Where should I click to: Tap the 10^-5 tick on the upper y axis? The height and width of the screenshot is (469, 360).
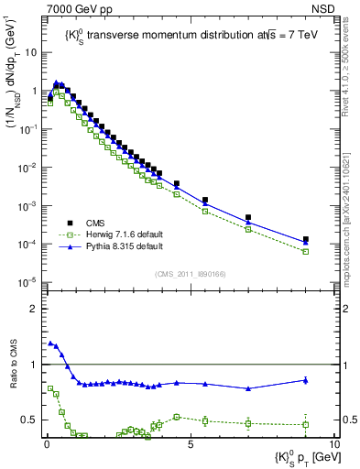coord(27,281)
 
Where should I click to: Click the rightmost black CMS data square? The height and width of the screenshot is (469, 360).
coord(305,240)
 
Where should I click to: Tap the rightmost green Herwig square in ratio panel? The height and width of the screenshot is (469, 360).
coord(305,425)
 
